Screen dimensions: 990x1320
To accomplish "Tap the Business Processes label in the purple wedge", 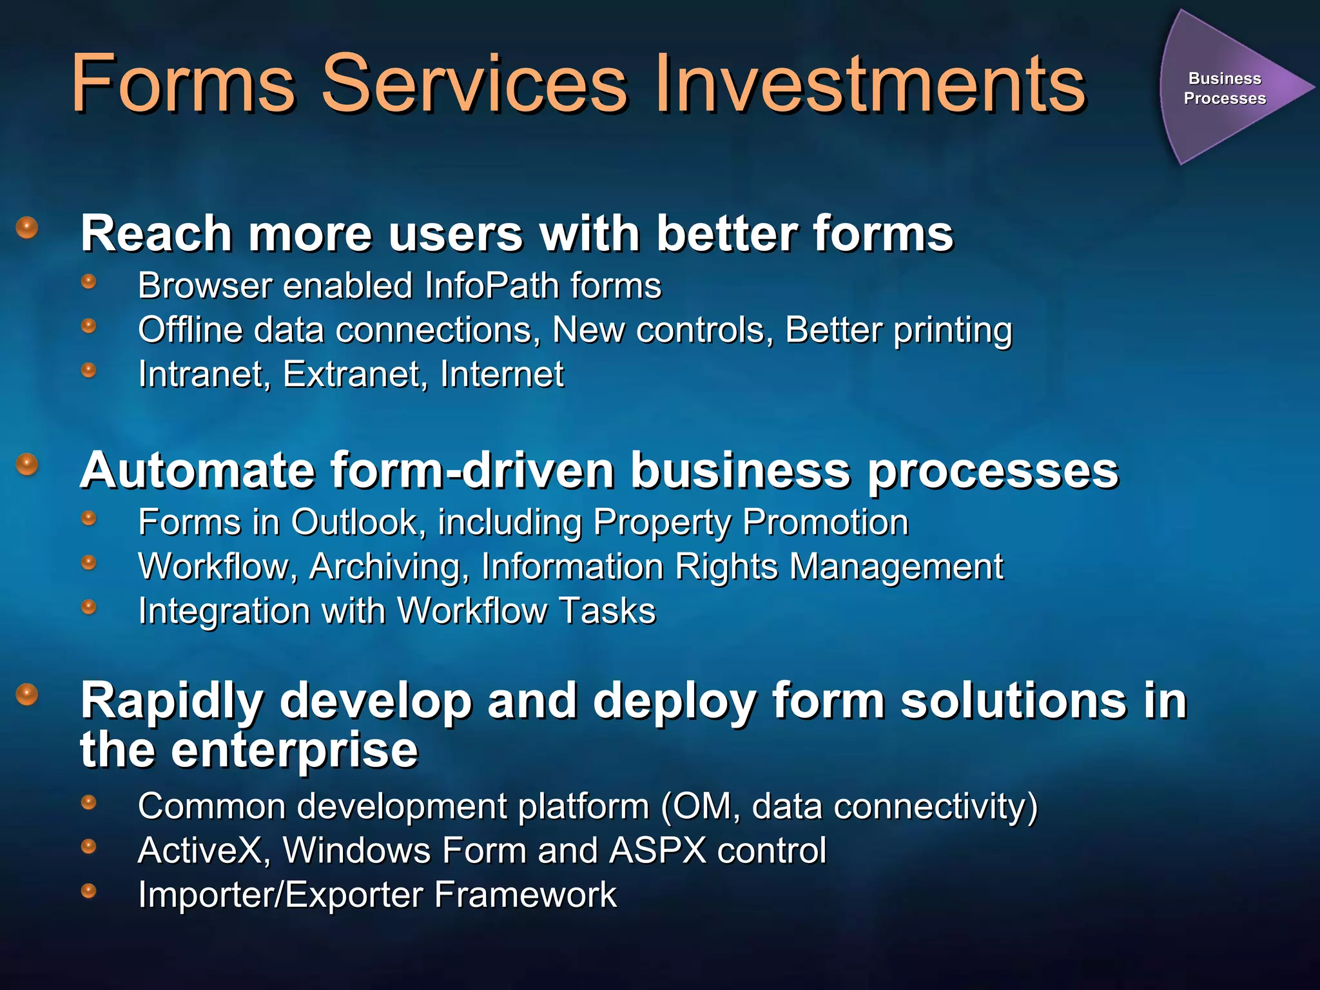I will tap(1224, 88).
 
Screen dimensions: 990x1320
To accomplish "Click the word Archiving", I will tap(389, 567).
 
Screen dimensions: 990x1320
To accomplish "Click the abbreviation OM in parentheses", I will tap(706, 806).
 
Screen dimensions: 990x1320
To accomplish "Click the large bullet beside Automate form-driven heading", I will tap(27, 464).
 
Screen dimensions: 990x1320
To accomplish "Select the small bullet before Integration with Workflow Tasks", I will tap(89, 607).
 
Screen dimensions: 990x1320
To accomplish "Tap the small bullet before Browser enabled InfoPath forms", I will tap(89, 282).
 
